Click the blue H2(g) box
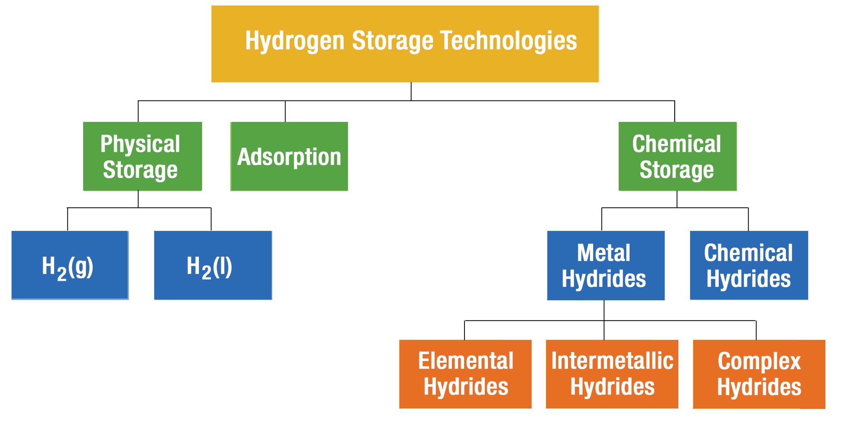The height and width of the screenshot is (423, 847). point(70,265)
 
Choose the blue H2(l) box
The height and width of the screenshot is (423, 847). point(213,265)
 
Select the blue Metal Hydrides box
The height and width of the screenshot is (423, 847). point(606,265)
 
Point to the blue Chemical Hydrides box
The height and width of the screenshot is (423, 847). point(749,265)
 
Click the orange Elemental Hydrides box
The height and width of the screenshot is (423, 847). point(465,374)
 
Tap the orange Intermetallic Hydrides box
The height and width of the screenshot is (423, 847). point(612,374)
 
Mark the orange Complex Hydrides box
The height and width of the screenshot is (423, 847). point(759,374)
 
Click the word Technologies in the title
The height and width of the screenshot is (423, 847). point(509,41)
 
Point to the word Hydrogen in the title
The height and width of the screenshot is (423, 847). point(295,41)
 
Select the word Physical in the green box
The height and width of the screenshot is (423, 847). point(140,144)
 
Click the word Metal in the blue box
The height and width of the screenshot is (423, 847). point(604,253)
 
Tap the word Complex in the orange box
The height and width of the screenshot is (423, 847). point(759,361)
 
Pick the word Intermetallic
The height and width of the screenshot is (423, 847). point(612,361)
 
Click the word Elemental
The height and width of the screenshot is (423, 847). point(466,361)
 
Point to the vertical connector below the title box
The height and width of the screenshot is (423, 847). point(411,91)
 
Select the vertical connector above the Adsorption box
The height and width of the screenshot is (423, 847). point(285,111)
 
